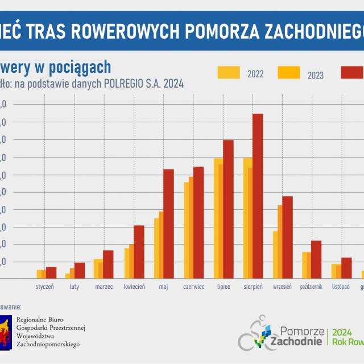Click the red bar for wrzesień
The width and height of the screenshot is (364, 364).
[x=287, y=237]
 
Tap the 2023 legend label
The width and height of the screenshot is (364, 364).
[x=316, y=74]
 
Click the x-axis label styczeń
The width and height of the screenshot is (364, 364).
[x=44, y=287]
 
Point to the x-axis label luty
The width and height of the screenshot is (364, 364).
[x=75, y=287]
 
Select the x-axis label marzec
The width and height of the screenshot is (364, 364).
[x=104, y=287]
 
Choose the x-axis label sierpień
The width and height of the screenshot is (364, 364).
[x=253, y=287]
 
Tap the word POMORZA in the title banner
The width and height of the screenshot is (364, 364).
[x=224, y=30]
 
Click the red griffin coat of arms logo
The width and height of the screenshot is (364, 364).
[x=5, y=330]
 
